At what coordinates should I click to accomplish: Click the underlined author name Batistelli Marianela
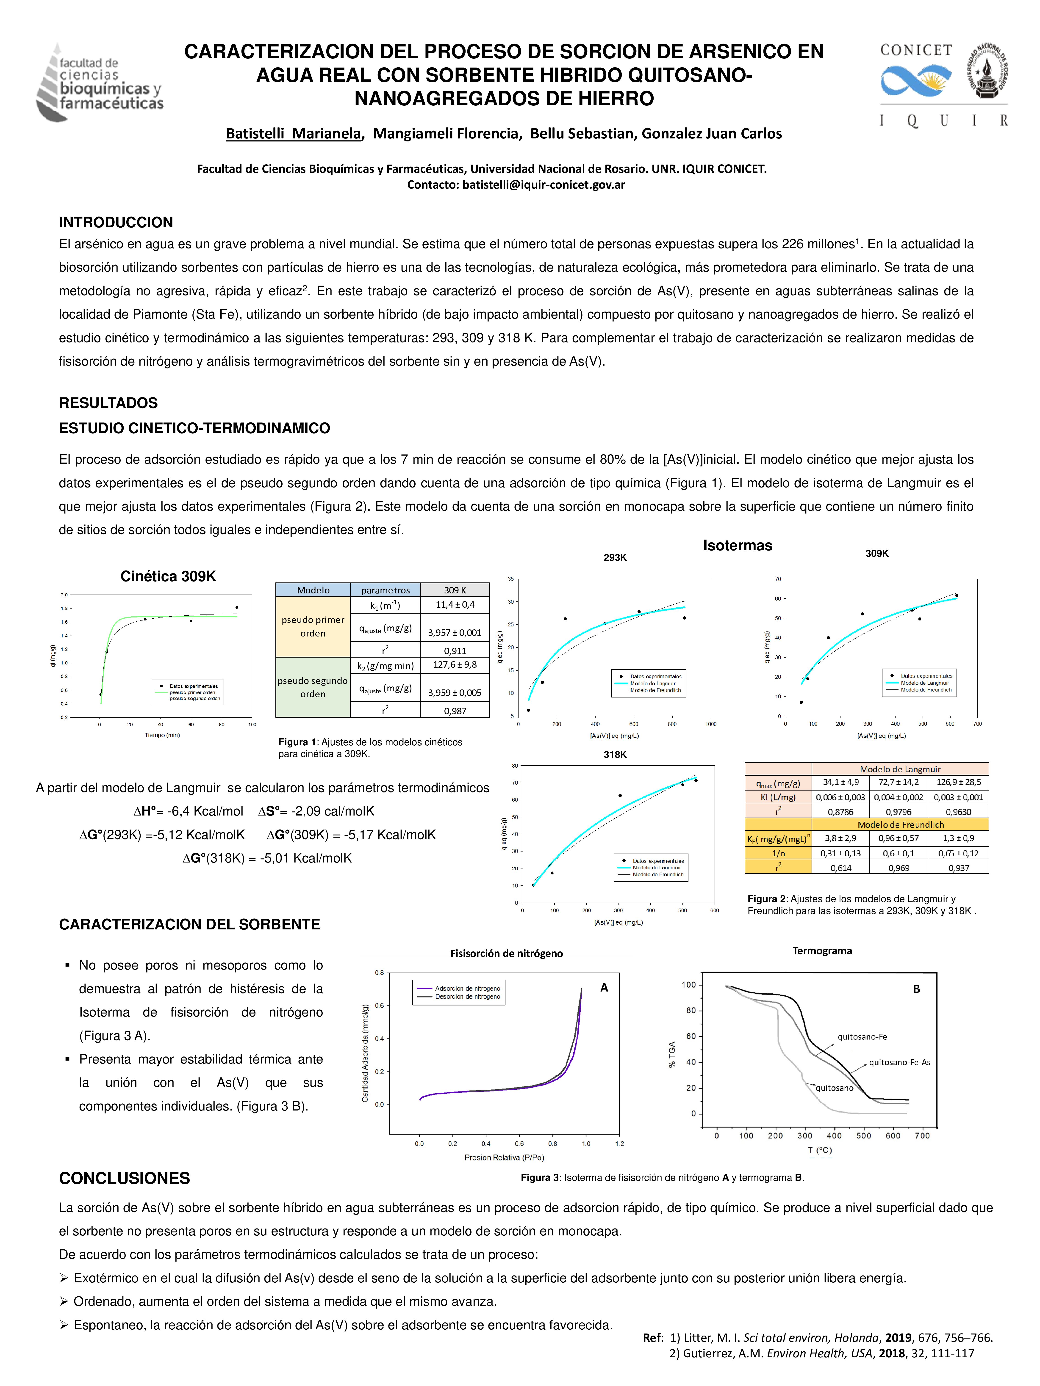point(293,133)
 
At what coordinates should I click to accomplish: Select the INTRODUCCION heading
point(116,222)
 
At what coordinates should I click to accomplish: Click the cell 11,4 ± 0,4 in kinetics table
point(455,605)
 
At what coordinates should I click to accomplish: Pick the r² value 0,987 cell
point(455,711)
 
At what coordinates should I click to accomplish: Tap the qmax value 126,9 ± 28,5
point(958,782)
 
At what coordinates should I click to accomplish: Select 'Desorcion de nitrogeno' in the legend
point(468,996)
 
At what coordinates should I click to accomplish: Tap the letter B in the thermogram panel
point(916,989)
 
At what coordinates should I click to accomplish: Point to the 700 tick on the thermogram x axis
point(922,1135)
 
